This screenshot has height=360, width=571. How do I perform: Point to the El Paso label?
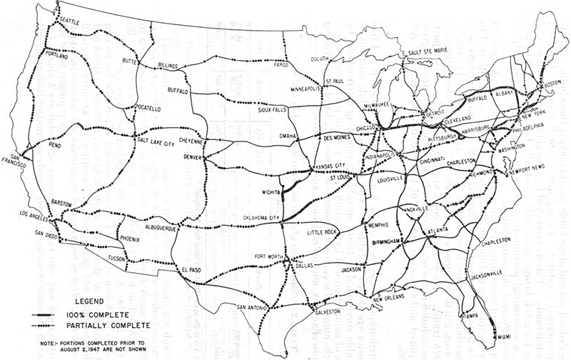pyautogui.click(x=193, y=269)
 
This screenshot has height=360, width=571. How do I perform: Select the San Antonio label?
pyautogui.click(x=253, y=306)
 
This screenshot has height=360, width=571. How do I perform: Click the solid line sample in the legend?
pyautogui.click(x=51, y=316)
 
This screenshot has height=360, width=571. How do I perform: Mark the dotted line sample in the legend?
pyautogui.click(x=51, y=325)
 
